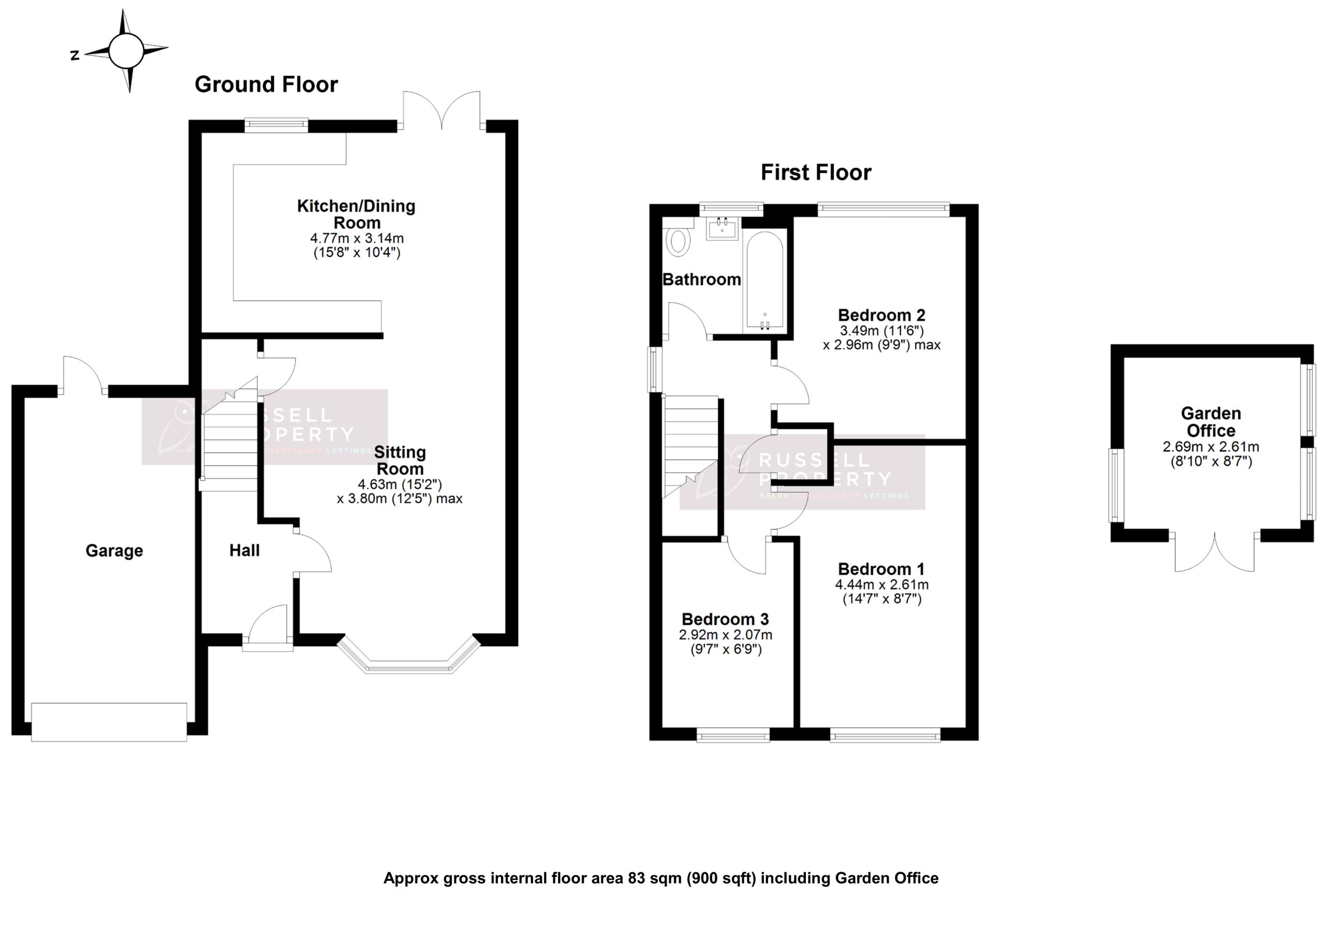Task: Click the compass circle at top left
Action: (126, 51)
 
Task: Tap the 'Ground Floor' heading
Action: (266, 85)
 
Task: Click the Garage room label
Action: (114, 551)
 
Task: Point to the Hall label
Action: (244, 550)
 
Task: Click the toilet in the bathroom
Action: (679, 241)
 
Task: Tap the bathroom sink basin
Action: (722, 229)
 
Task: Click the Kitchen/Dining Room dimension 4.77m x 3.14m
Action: (357, 238)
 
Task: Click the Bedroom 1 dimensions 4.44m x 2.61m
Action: (881, 584)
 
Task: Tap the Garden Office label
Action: (1210, 422)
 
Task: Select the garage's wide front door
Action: (109, 722)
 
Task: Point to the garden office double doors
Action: (1214, 554)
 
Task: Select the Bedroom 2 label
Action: (881, 315)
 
